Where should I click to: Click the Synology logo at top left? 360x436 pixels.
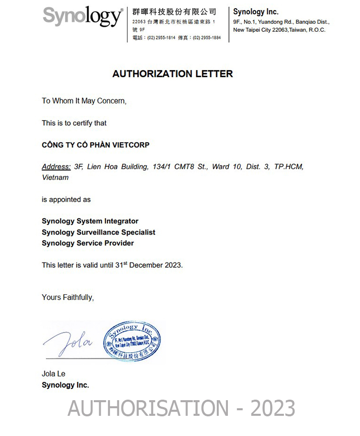coord(82,17)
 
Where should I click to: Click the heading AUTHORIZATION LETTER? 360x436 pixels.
coord(172,74)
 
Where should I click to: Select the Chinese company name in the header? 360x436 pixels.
coord(174,12)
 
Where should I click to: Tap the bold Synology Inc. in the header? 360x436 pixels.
coord(256,12)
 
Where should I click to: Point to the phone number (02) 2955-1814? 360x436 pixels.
coord(161,38)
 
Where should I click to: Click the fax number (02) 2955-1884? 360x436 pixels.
coord(207,38)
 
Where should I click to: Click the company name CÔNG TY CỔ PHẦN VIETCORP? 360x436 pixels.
coord(95,145)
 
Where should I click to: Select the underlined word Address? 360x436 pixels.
coord(56,167)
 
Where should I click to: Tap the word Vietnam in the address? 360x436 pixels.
coord(55,177)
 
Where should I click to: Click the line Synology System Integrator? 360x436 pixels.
coord(90,221)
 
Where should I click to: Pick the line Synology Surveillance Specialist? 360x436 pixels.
coord(98,232)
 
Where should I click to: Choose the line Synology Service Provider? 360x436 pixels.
coord(88,243)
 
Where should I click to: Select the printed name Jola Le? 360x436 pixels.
coord(53,374)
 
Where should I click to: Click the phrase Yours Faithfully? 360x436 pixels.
coord(68,297)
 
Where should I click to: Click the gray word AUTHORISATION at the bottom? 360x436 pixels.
coord(148,408)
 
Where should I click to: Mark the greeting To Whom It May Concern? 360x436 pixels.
coord(84,101)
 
